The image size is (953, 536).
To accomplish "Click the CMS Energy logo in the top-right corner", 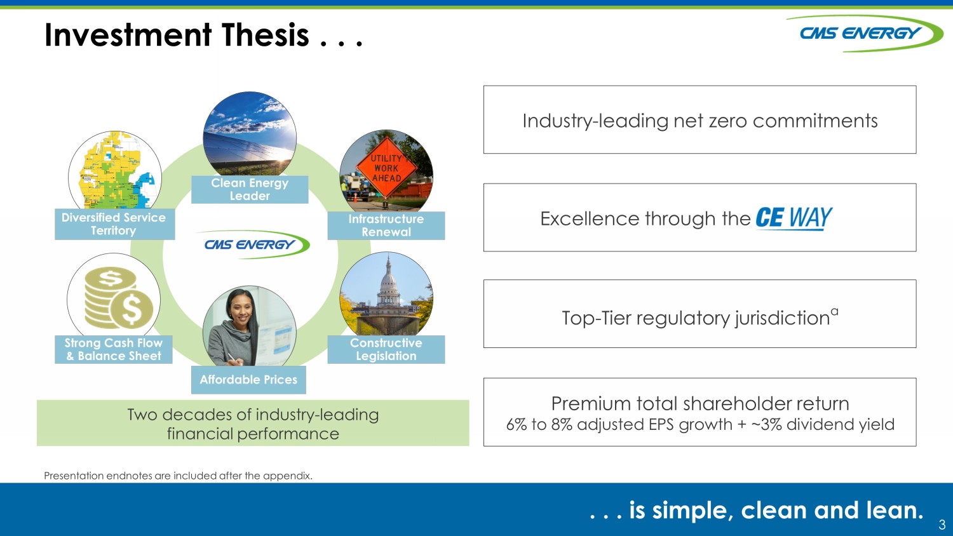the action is [x=863, y=34].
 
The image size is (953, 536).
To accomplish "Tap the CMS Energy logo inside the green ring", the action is [x=253, y=245].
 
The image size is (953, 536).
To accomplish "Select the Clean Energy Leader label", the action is [x=250, y=189].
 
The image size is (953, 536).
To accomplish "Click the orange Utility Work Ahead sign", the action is [x=386, y=168].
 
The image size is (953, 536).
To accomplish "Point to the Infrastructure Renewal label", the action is [x=386, y=225].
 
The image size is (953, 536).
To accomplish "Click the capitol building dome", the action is [x=388, y=283].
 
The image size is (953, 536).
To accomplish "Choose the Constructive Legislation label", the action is [x=386, y=349].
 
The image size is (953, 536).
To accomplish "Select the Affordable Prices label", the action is [x=248, y=379].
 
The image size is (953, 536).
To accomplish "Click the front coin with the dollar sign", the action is [x=132, y=309].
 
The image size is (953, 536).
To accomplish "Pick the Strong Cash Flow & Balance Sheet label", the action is [x=114, y=349].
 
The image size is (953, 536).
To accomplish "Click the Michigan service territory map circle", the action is [x=115, y=170].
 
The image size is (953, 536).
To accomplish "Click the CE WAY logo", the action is [x=794, y=218].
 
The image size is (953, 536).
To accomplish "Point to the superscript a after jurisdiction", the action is [x=834, y=312].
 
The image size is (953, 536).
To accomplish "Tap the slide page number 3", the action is [x=942, y=524].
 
